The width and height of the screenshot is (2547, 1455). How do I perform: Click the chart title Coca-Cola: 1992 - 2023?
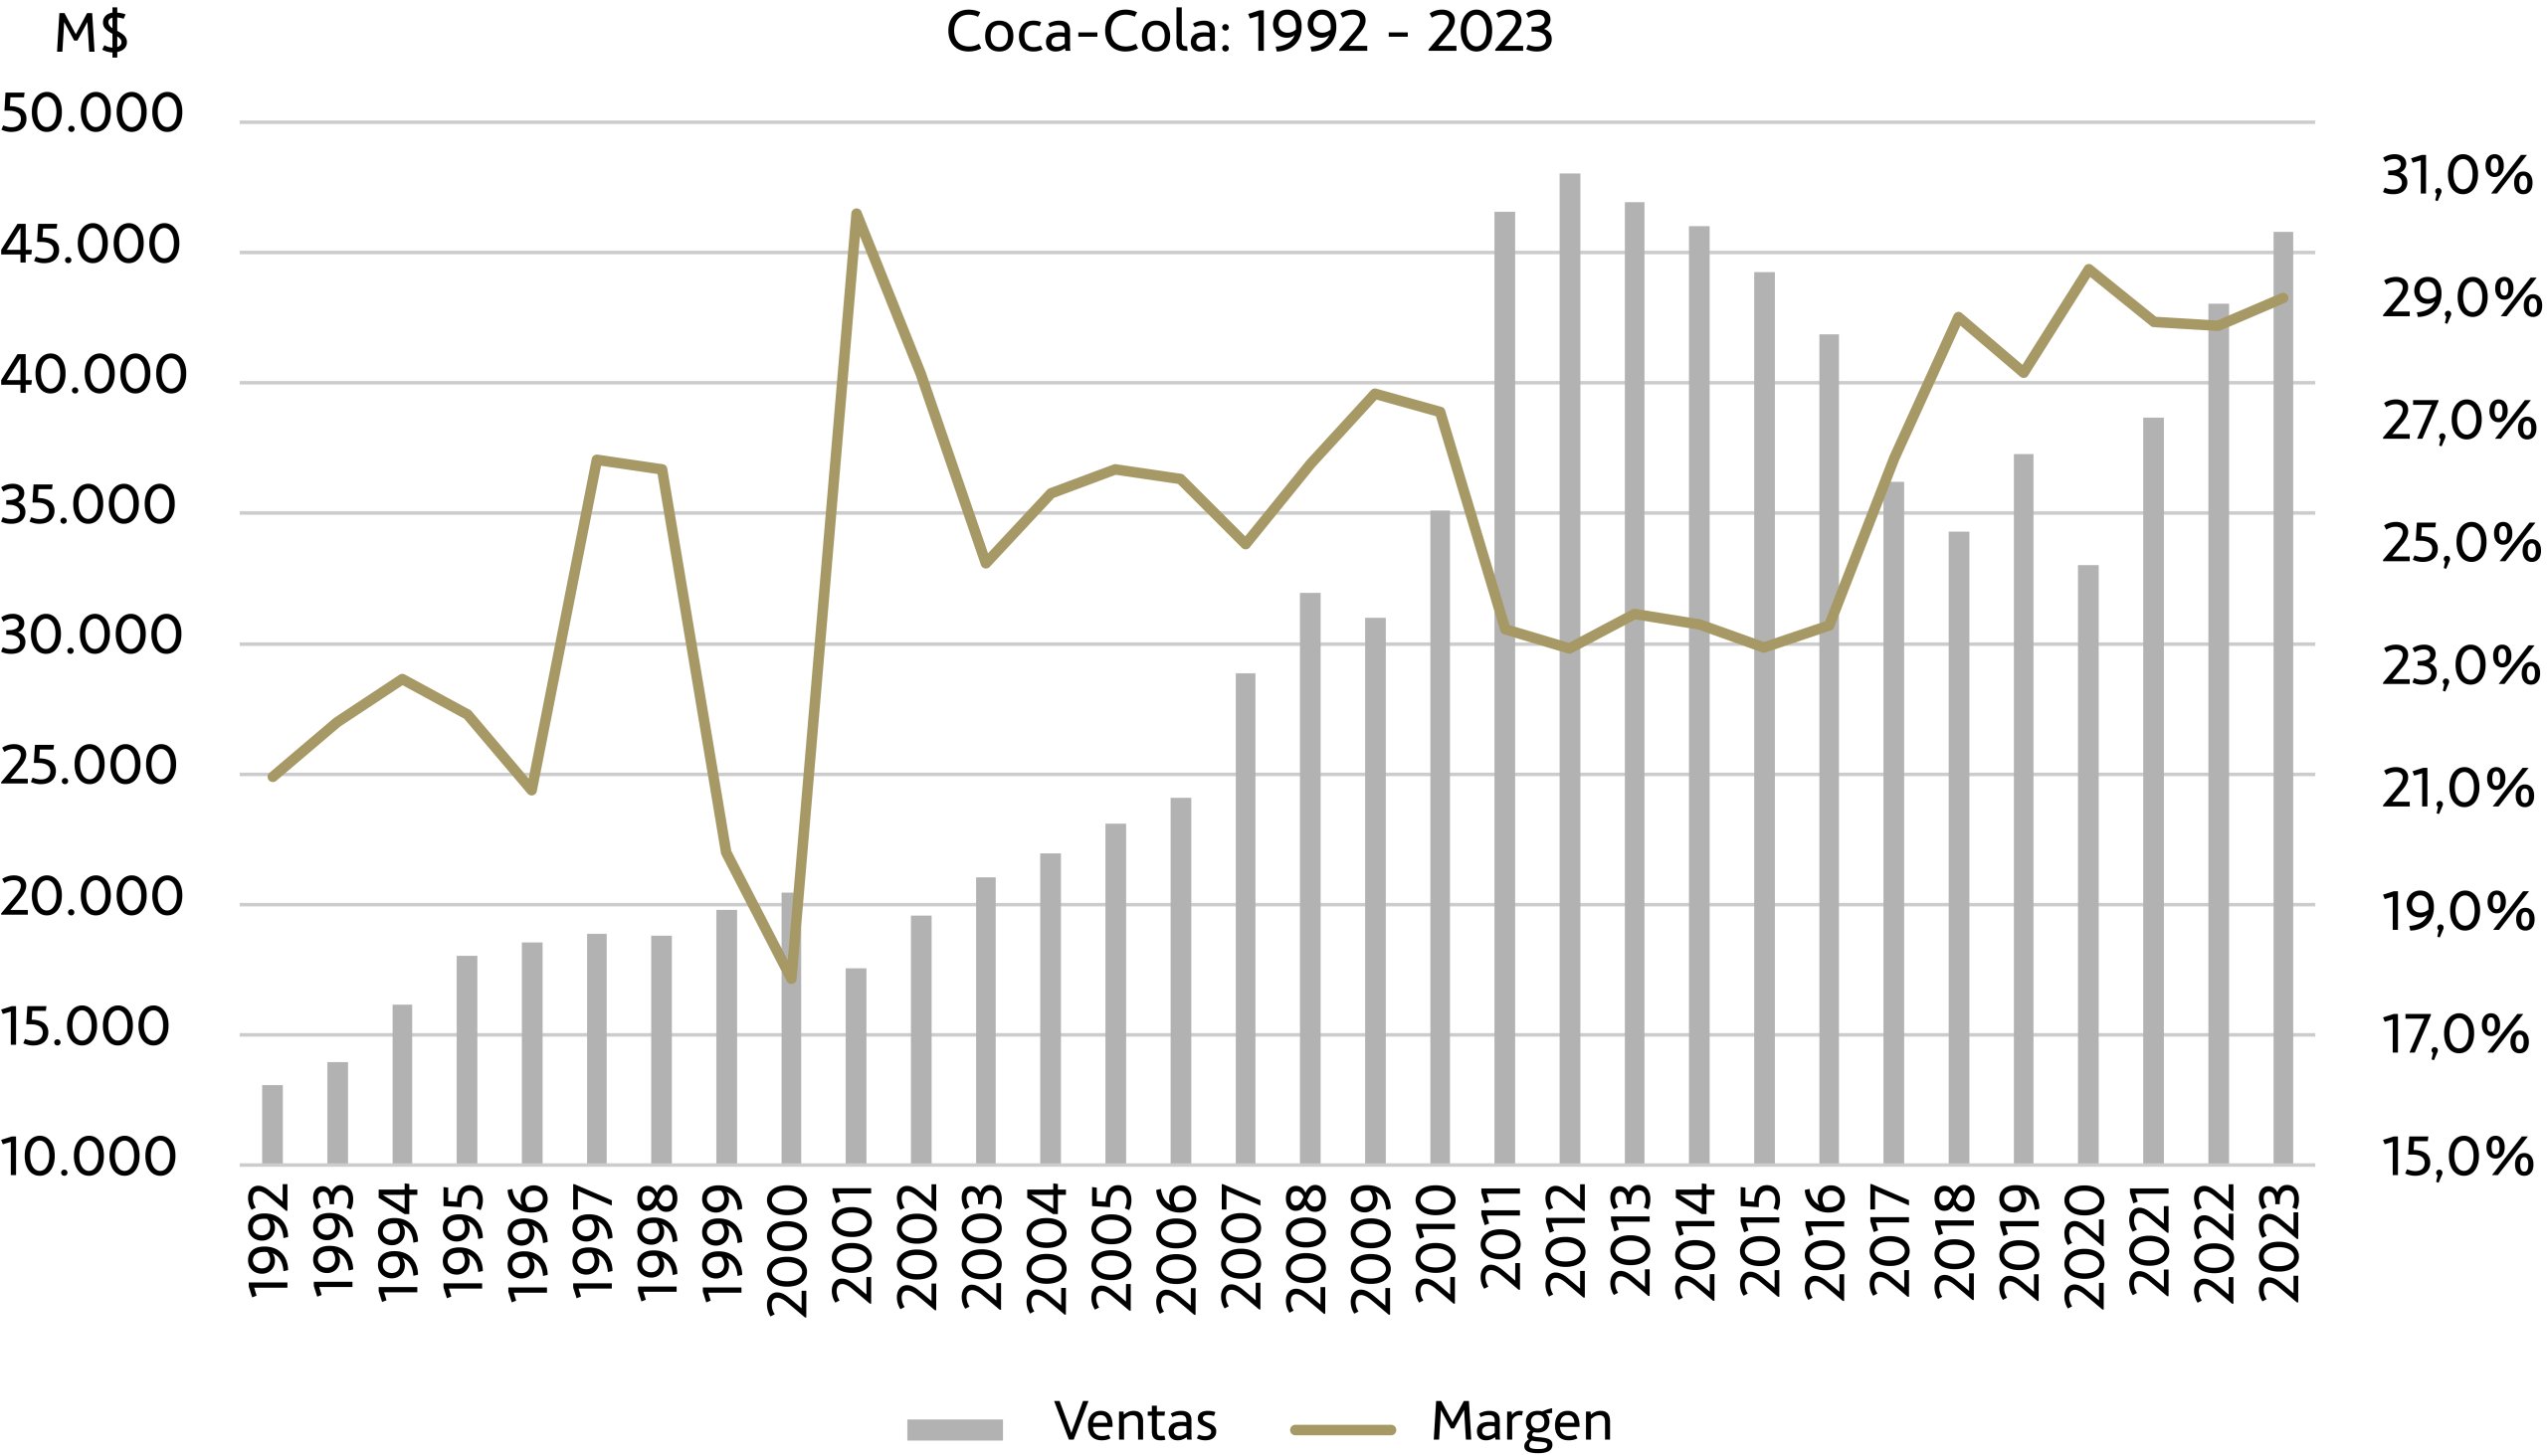point(1249,33)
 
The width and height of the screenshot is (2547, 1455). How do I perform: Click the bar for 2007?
point(1245,918)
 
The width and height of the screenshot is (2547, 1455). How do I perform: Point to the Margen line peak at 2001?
point(857,213)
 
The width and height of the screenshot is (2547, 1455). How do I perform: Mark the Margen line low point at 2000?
point(791,979)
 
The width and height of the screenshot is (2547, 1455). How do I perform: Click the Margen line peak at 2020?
point(2088,268)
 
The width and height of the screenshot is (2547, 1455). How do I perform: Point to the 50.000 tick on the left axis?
point(92,113)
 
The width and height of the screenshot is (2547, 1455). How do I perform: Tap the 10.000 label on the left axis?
point(88,1158)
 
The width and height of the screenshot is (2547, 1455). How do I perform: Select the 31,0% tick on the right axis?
point(2457,176)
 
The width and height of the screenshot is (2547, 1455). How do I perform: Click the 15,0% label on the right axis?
point(2457,1158)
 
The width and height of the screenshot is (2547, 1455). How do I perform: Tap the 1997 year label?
point(597,1241)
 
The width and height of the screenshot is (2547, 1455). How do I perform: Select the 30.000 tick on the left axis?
point(92,636)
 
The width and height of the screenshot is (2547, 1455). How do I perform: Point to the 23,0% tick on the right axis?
point(2459,666)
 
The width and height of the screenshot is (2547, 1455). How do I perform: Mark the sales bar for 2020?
point(2088,864)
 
